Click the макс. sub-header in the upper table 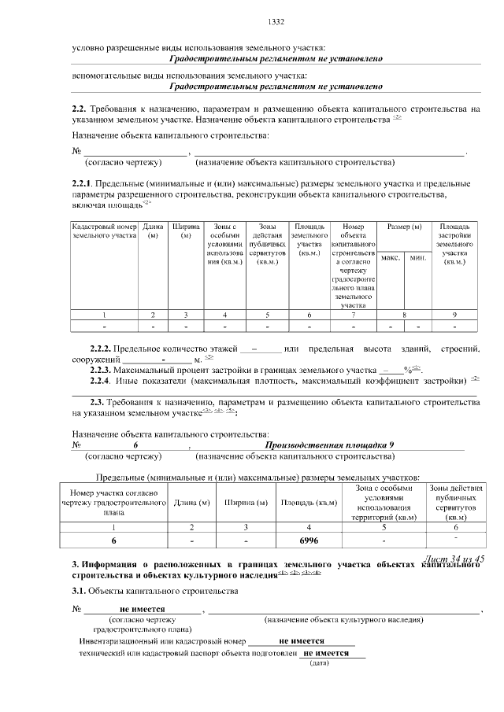(x=391, y=257)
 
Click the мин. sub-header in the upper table (x=417, y=257)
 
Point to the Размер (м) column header (x=404, y=227)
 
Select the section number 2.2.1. (x=83, y=183)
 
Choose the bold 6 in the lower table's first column (x=114, y=541)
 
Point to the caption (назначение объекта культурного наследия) (x=343, y=620)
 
